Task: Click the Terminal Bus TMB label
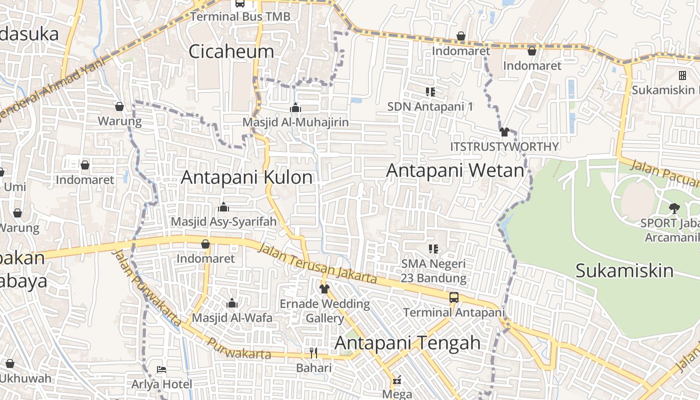pos(240,16)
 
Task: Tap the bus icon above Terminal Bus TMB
pos(240,3)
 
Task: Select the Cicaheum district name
pos(231,51)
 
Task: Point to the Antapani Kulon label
pos(247,177)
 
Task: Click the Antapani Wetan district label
pos(455,170)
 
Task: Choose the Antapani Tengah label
pos(407,343)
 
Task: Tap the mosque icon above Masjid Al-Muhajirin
pos(295,107)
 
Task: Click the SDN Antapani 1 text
pos(430,106)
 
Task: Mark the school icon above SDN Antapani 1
pos(430,91)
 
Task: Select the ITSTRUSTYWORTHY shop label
pos(504,146)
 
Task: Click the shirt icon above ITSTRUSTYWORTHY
pos(504,132)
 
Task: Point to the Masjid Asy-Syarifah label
pos(223,221)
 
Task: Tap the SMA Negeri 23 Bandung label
pos(433,270)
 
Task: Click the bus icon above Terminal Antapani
pos(454,297)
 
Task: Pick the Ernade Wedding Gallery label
pos(324,310)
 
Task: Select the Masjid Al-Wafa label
pos(232,317)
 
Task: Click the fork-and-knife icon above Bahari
pos(313,353)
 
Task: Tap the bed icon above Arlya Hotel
pos(161,369)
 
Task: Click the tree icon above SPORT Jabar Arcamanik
pos(674,208)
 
